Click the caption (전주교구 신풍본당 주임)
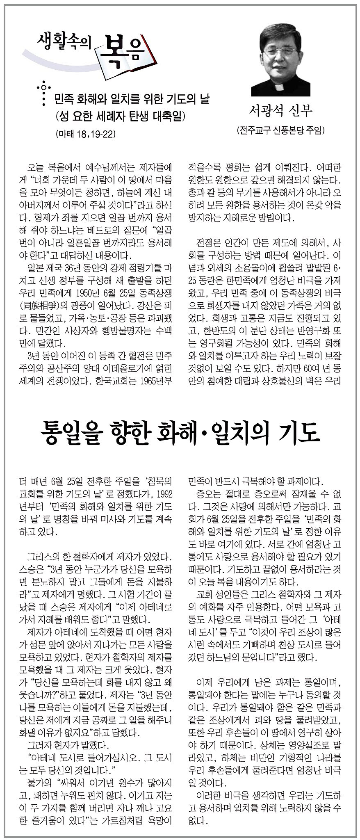(x=281, y=131)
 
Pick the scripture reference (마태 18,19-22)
(x=84, y=134)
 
